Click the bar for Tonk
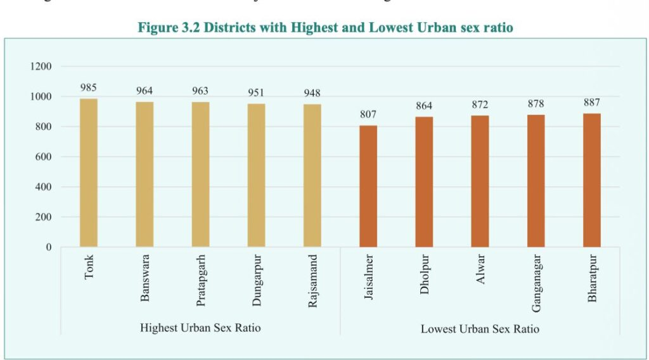89,173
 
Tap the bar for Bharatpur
592,181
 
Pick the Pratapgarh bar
200,174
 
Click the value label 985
89,87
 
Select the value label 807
368,115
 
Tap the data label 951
256,93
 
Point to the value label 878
536,103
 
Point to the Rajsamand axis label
312,281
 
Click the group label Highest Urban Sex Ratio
200,328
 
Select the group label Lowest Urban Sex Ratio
480,329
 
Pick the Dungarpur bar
256,176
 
